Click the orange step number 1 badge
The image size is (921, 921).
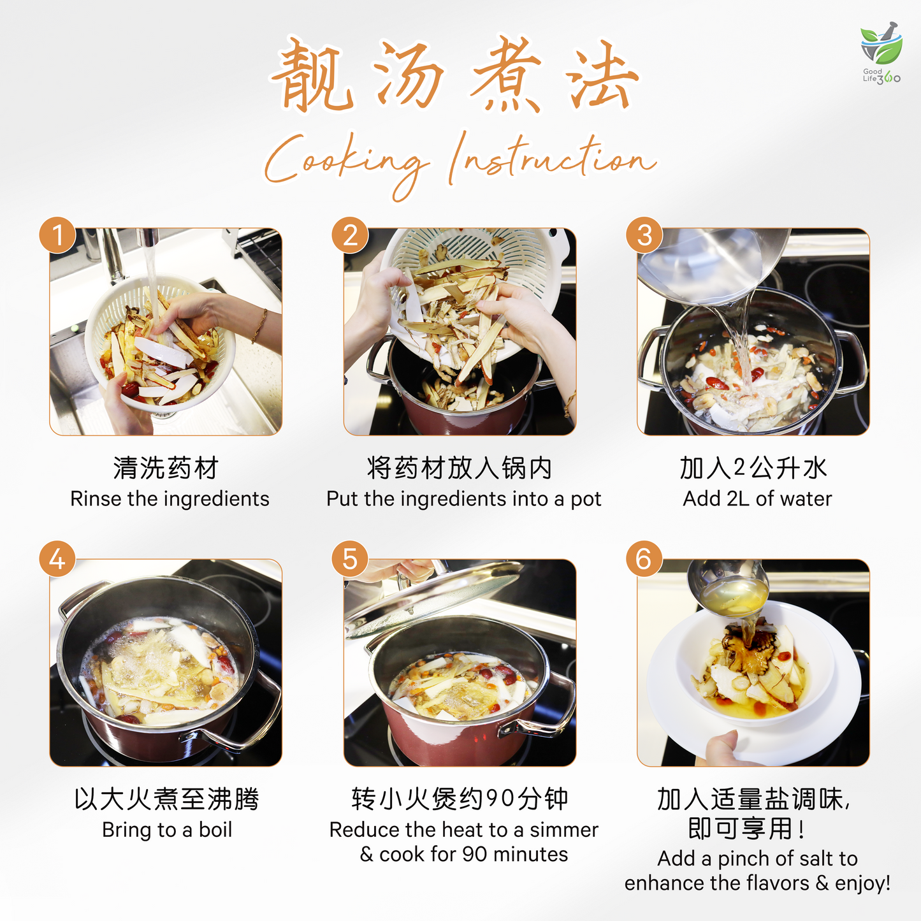[57, 235]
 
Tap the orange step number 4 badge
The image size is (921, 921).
[57, 559]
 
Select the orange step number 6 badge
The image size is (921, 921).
[644, 559]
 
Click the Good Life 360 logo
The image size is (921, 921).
[881, 54]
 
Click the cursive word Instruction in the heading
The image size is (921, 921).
[552, 158]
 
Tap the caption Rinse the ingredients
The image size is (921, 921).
[170, 498]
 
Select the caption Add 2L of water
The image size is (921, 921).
[757, 498]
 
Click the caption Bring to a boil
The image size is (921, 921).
[167, 830]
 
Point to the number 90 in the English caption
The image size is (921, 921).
[475, 854]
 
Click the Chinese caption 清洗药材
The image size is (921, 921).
[166, 468]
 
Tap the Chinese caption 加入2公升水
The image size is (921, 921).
[754, 468]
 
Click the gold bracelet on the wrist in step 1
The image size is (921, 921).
[259, 326]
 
